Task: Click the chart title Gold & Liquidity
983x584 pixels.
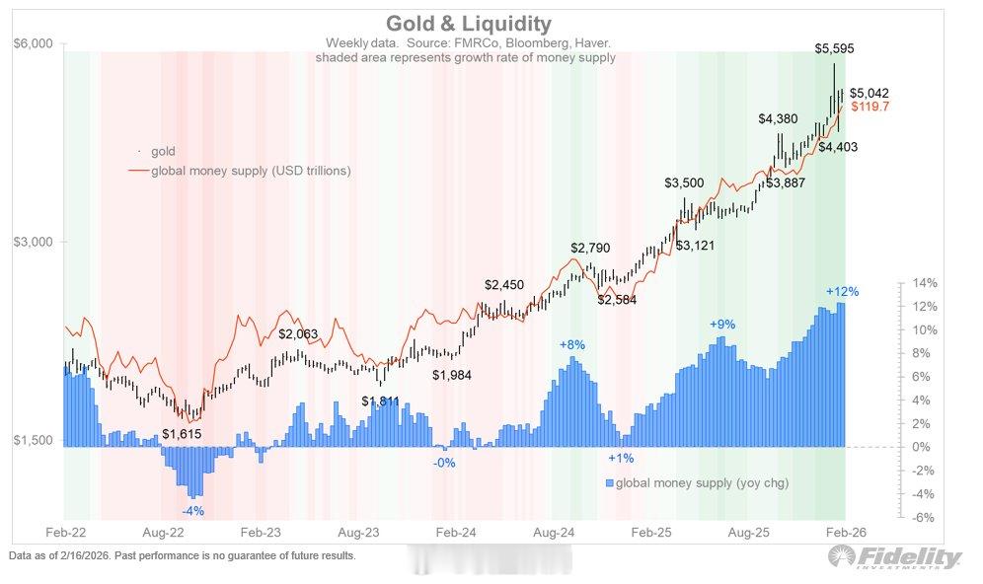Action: pos(468,23)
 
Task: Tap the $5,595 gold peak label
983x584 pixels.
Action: pos(835,47)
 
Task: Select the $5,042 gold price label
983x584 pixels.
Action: pos(870,92)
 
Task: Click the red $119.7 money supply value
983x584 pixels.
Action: pos(870,106)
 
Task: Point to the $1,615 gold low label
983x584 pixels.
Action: pos(183,433)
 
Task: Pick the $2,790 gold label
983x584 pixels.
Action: pos(590,248)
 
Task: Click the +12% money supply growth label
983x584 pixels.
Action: pos(842,291)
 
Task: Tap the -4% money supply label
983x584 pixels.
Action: pos(192,511)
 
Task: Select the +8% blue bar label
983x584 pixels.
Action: pos(572,345)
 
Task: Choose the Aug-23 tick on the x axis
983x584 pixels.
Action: pos(361,531)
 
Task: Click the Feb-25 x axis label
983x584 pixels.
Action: pos(651,531)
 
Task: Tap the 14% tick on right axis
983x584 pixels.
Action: pos(925,283)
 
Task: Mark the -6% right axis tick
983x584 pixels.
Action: pos(925,518)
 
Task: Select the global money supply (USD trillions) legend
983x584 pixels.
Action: pos(250,171)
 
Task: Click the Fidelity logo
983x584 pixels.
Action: pos(893,559)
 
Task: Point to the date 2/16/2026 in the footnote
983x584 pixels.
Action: pos(89,555)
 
